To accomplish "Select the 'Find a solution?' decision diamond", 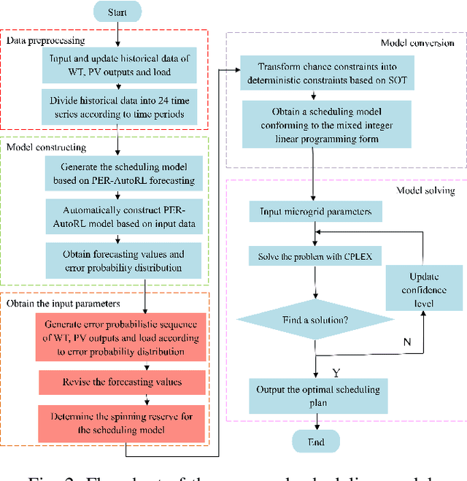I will pos(314,320).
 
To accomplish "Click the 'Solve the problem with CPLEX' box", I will pos(314,258).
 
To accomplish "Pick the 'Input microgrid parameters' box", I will pos(314,212).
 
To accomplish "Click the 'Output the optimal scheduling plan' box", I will pos(314,395).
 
